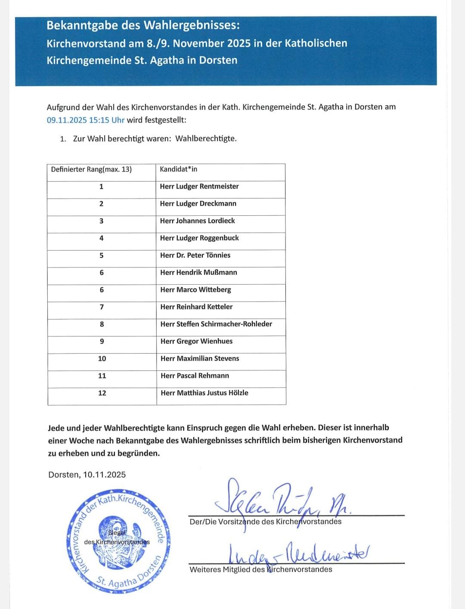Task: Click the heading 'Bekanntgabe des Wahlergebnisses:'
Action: point(143,25)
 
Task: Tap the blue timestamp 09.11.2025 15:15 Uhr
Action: point(85,120)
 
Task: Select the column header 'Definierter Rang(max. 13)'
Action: point(91,169)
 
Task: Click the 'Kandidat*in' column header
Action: point(178,169)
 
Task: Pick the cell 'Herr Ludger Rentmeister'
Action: point(199,186)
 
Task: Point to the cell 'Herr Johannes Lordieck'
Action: point(197,221)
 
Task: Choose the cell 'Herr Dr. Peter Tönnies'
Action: point(195,255)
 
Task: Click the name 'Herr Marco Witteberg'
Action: point(195,290)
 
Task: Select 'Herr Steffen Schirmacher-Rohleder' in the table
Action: point(216,324)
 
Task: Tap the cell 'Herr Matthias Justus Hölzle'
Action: point(204,393)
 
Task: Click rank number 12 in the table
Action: point(102,393)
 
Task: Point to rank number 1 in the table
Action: point(101,186)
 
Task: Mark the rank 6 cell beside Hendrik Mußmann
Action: point(102,273)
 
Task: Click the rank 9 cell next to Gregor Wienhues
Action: point(102,341)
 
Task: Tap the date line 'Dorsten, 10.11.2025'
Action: point(87,475)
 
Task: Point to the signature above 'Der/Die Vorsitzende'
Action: point(280,500)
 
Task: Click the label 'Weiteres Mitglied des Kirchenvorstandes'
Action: point(261,569)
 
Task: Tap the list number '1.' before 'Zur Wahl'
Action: point(63,139)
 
